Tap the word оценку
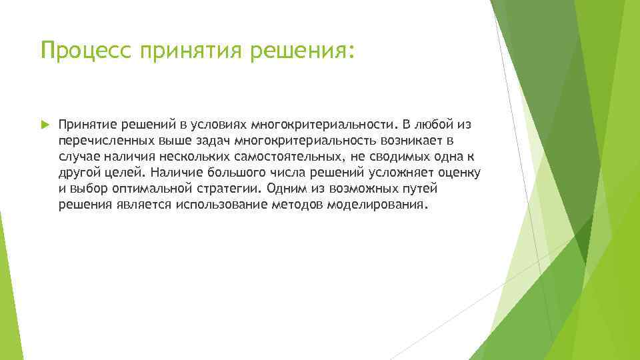pyautogui.click(x=461, y=173)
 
